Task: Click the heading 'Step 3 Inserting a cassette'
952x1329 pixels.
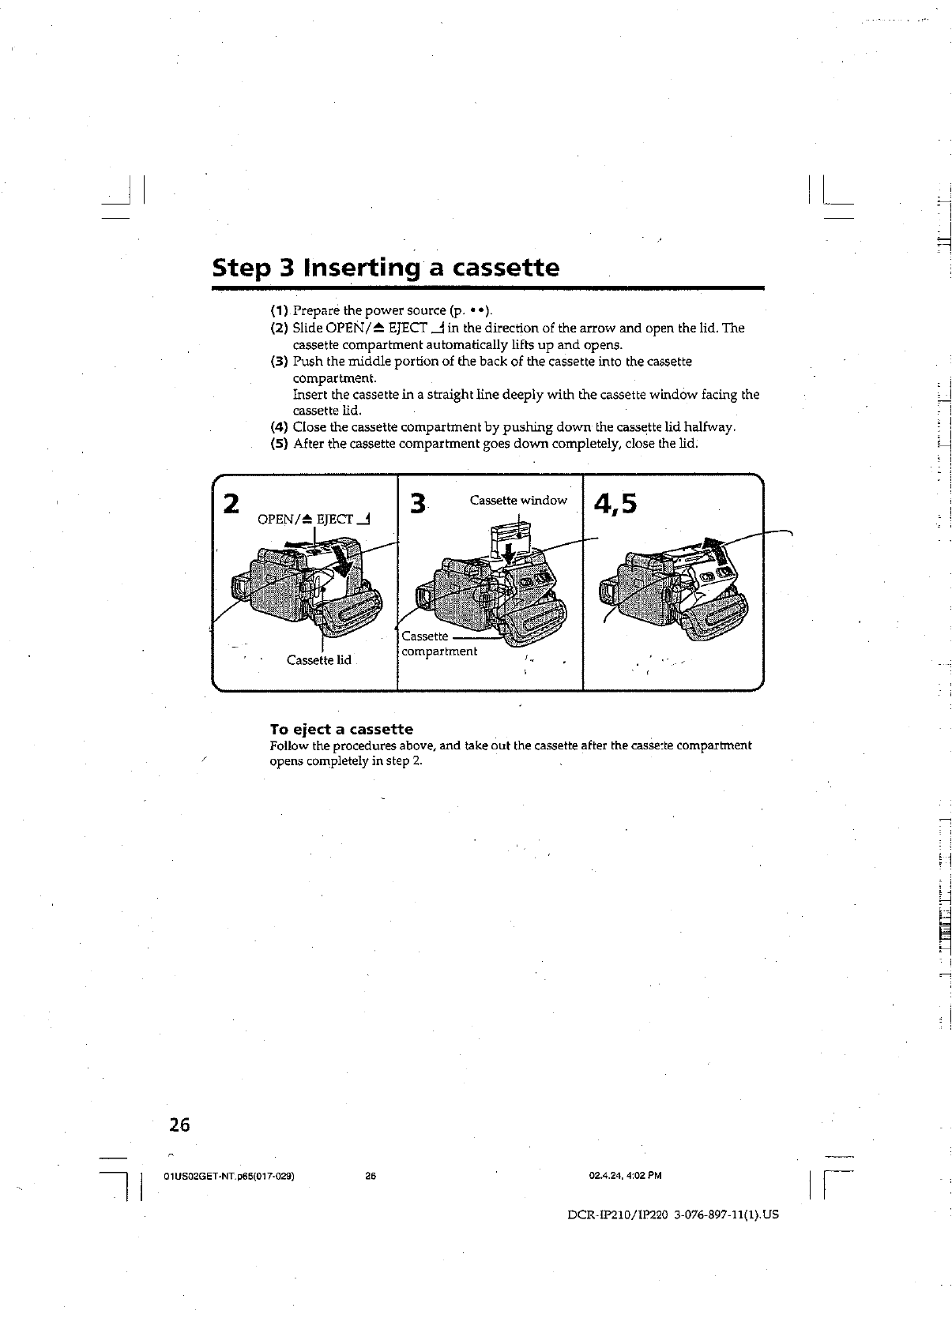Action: point(386,268)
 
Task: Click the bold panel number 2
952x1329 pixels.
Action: point(231,503)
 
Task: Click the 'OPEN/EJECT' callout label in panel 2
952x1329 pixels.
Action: point(315,519)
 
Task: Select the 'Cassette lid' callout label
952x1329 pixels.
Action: point(319,660)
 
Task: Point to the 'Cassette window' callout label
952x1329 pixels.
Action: point(518,500)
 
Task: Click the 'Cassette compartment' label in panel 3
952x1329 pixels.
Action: point(439,644)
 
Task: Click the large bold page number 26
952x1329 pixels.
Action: point(180,1125)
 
